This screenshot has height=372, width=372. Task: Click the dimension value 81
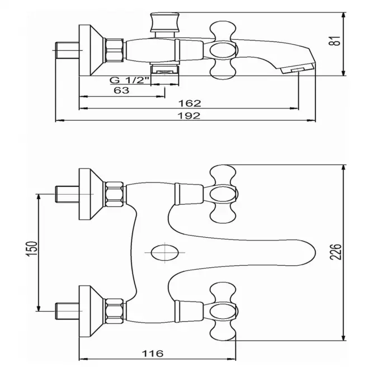coord(336,41)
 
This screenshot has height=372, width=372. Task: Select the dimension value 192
coord(189,116)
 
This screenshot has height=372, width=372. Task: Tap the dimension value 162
coord(190,103)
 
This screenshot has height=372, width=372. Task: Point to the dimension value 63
coord(121,91)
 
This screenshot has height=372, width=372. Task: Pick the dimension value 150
coord(32,248)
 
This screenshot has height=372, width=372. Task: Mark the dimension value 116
coord(153,354)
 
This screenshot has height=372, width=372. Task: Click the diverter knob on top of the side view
coord(165,22)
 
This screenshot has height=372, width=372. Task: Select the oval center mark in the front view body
coord(165,252)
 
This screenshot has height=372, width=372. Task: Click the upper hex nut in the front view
coord(114,194)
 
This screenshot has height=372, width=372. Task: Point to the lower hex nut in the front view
coord(114,311)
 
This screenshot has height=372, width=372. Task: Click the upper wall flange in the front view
coord(91,194)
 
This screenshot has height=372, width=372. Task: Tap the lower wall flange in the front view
coord(91,311)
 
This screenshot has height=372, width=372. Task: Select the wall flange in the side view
coord(91,50)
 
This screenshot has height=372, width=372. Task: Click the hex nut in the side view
coord(114,50)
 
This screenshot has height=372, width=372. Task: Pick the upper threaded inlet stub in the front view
coord(67,194)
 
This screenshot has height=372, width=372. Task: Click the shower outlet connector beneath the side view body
coord(165,69)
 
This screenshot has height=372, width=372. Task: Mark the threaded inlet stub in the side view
coord(67,50)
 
